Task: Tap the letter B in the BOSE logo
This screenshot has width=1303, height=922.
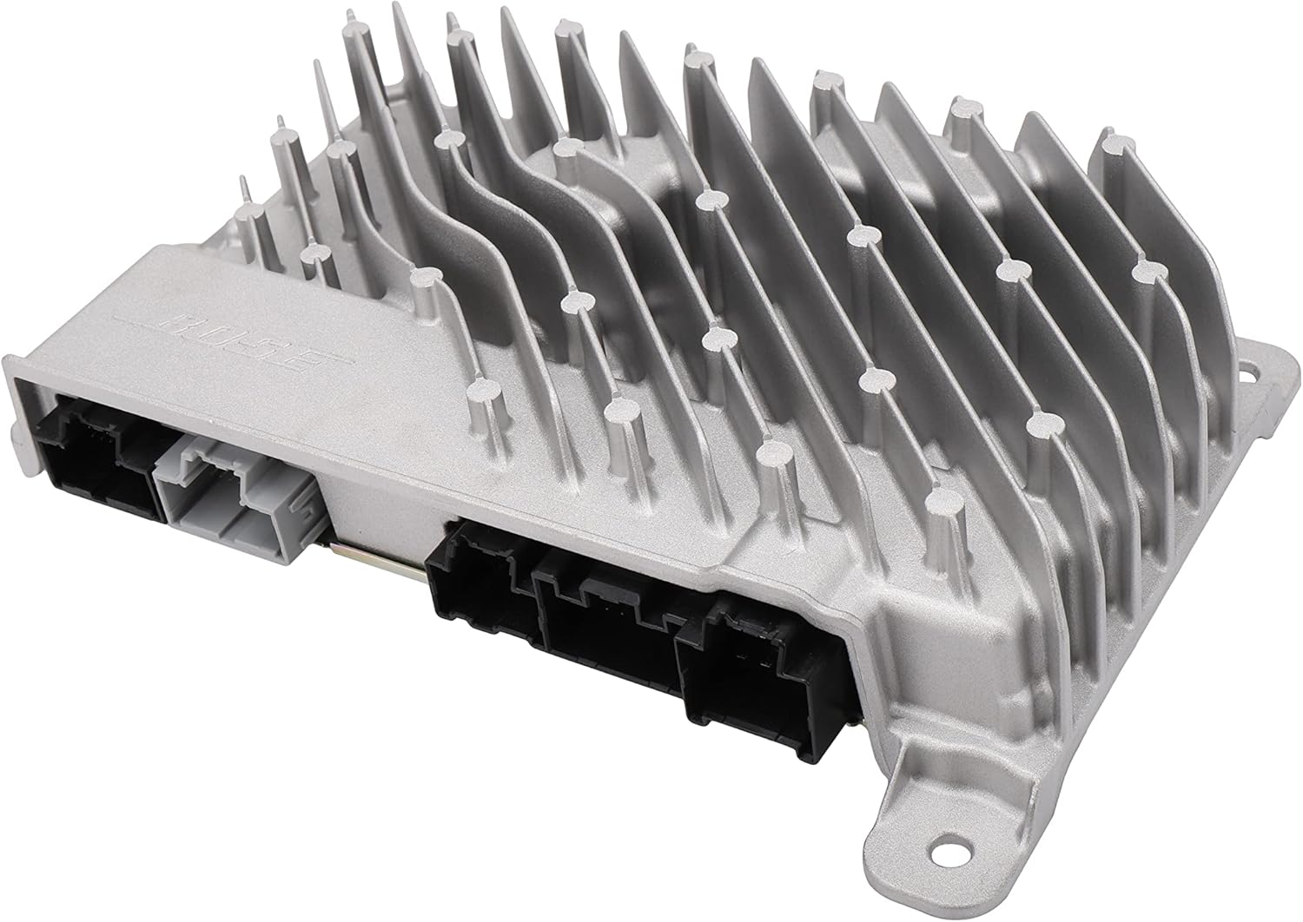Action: coord(193,327)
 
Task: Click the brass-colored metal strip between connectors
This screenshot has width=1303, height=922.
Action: coord(374,556)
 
